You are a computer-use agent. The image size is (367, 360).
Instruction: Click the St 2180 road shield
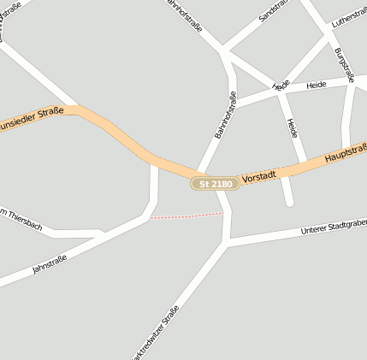coord(215,184)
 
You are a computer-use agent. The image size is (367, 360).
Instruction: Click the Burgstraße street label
coord(346,65)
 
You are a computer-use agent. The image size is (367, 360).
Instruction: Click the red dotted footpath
coord(186,215)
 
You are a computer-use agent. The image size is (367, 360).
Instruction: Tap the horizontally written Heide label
coord(317,86)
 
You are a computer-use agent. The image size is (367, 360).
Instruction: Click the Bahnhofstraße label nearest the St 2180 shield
coord(225,115)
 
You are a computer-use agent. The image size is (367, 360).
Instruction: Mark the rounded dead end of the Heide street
coord(288,202)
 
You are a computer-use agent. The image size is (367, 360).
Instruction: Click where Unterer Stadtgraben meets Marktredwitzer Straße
coord(226,244)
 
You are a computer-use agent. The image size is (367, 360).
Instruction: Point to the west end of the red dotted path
coord(152,218)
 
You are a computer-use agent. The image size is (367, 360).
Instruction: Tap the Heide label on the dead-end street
coord(293,128)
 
